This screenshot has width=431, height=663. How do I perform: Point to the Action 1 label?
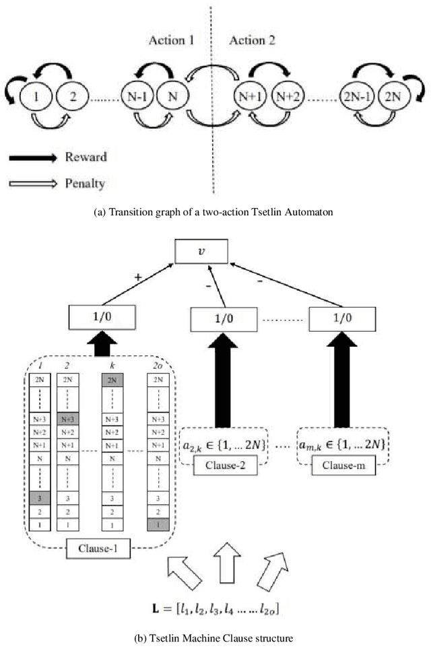click(171, 40)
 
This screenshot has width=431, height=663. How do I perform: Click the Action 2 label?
click(252, 40)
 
